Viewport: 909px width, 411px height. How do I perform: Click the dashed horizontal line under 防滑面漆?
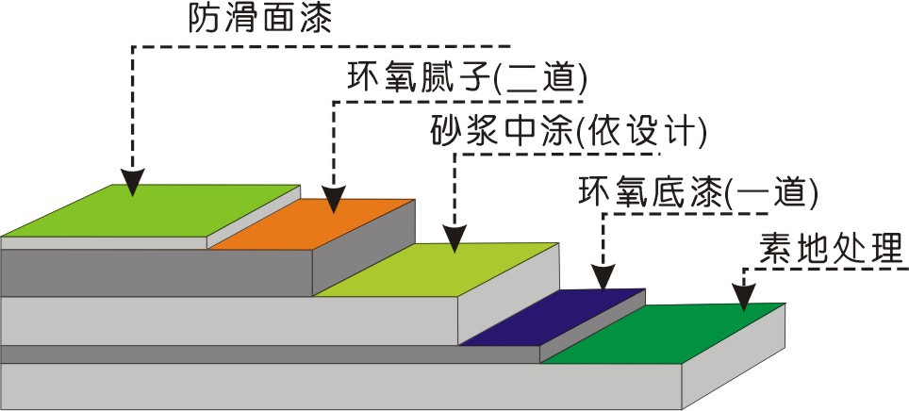click(x=321, y=44)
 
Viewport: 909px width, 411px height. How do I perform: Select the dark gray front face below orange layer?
click(x=160, y=272)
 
